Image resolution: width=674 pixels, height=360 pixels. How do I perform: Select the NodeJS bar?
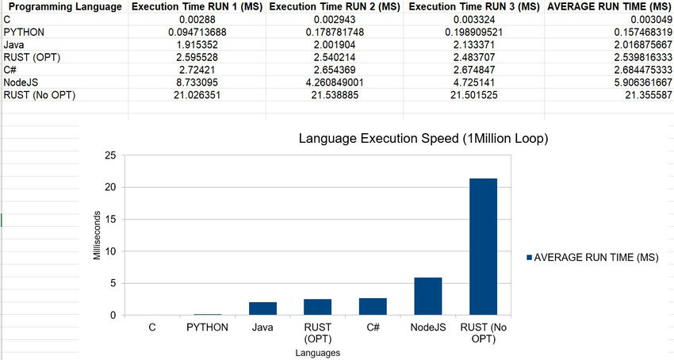tap(428, 297)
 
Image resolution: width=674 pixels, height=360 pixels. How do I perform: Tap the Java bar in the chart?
tap(263, 308)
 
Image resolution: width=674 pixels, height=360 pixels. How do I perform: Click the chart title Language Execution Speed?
tap(423, 139)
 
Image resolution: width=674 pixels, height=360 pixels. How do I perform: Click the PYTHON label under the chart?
tap(208, 327)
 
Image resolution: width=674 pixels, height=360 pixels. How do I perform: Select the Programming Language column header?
tap(63, 7)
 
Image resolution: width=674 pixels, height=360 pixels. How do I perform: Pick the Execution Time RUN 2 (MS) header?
tap(334, 7)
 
